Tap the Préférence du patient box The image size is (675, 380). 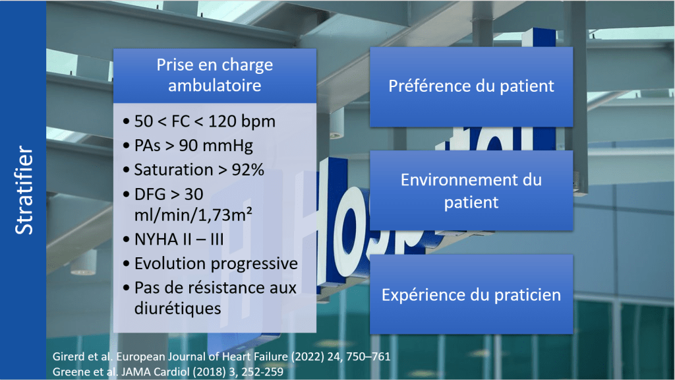point(471,86)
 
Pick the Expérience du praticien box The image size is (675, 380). point(471,294)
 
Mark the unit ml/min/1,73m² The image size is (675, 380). point(185,214)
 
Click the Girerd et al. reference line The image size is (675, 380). point(221,356)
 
